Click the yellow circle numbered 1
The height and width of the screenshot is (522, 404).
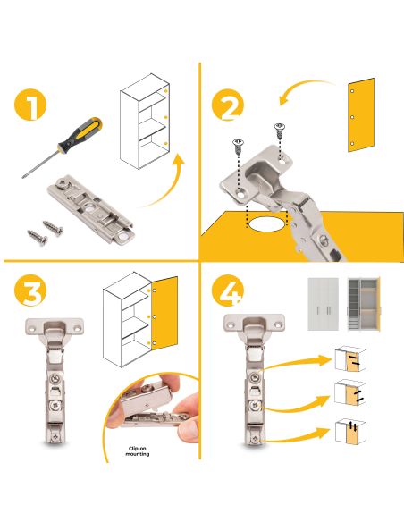pyautogui.click(x=30, y=105)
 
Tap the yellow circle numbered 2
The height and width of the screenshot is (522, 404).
pyautogui.click(x=228, y=105)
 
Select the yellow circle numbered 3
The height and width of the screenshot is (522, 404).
pyautogui.click(x=30, y=290)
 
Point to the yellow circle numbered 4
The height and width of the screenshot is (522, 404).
pyautogui.click(x=228, y=290)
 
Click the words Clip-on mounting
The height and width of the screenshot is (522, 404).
pyautogui.click(x=138, y=451)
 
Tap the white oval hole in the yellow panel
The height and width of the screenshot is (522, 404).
pyautogui.click(x=266, y=223)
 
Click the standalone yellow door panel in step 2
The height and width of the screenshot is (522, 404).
pyautogui.click(x=361, y=115)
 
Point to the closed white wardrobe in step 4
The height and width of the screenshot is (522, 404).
pyautogui.click(x=324, y=304)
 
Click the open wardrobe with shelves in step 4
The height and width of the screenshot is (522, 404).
pyautogui.click(x=364, y=304)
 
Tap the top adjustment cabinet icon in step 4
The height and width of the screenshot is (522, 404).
pyautogui.click(x=350, y=359)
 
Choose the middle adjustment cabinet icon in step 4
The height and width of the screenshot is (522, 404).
pyautogui.click(x=350, y=392)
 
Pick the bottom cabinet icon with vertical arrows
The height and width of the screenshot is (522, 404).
pyautogui.click(x=350, y=431)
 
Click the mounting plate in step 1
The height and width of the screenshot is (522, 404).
pyautogui.click(x=90, y=210)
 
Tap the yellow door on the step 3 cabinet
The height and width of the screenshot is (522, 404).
pyautogui.click(x=164, y=313)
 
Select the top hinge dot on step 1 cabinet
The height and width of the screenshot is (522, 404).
pyautogui.click(x=165, y=90)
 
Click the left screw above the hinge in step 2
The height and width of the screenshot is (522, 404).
pyautogui.click(x=239, y=147)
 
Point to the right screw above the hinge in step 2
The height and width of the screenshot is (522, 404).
pyautogui.click(x=280, y=130)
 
